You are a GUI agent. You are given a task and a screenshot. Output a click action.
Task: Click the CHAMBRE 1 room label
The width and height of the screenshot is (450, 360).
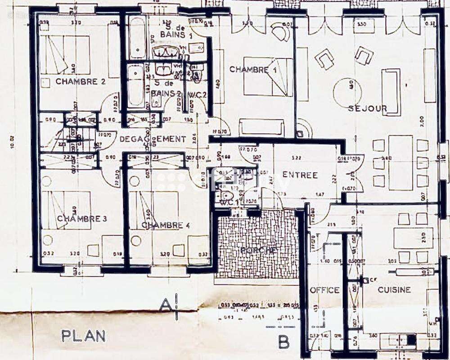click(253, 70)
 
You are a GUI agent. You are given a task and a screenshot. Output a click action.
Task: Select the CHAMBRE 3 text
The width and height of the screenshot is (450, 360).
click(82, 219)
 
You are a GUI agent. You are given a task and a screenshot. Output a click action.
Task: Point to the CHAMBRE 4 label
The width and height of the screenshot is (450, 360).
click(165, 225)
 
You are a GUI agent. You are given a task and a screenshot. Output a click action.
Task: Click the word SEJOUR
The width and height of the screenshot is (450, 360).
click(367, 108)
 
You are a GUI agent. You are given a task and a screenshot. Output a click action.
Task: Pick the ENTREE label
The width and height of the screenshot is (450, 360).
click(300, 175)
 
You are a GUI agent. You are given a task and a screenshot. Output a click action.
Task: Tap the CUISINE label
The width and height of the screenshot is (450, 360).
click(394, 290)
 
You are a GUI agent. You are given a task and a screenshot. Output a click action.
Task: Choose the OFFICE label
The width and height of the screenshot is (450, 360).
click(324, 290)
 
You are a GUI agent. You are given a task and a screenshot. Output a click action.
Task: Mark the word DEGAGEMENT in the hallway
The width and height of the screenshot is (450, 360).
click(153, 139)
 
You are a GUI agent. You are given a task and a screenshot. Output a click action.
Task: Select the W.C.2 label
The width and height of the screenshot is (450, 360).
click(198, 94)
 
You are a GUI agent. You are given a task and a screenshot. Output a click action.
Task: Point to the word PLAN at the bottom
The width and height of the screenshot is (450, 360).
click(84, 336)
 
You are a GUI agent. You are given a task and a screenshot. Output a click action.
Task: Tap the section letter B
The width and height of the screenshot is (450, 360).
click(283, 342)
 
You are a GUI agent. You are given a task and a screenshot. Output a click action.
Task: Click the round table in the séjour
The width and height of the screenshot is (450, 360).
click(347, 92)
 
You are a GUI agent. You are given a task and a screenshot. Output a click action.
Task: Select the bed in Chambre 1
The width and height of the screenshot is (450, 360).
click(268, 76)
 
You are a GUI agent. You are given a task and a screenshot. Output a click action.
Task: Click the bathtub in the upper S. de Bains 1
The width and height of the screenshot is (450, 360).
click(137, 37)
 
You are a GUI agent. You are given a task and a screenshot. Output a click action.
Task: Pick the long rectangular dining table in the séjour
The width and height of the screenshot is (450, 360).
click(400, 162)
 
